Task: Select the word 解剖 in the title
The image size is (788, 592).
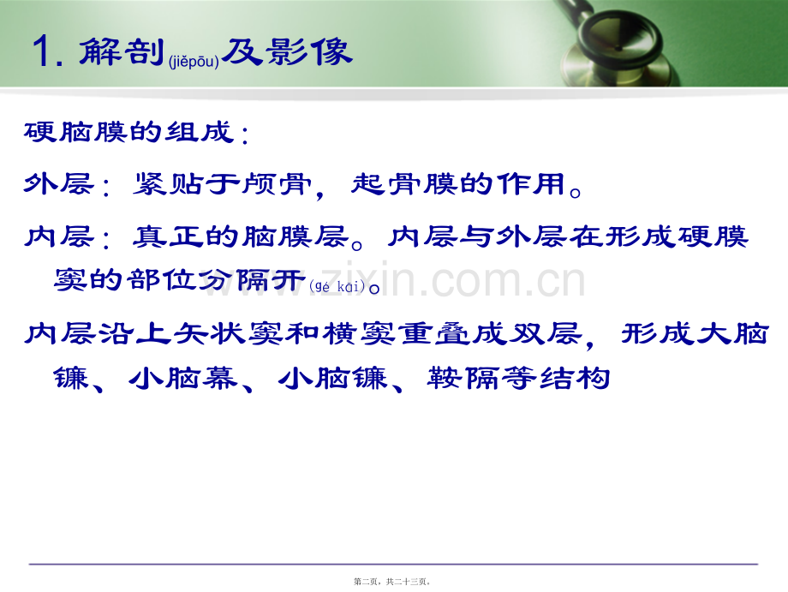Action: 122,51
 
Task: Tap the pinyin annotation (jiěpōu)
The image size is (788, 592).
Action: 194,62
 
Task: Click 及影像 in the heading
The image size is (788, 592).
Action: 287,51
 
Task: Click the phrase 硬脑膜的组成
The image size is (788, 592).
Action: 129,132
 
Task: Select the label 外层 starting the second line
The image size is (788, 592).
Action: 59,183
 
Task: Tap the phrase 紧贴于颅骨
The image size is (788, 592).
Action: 222,183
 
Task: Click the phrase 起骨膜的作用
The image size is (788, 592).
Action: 458,183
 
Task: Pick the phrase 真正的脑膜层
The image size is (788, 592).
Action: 241,236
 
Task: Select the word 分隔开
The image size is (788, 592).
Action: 253,279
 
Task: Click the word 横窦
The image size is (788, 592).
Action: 358,333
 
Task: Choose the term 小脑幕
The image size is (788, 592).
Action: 183,378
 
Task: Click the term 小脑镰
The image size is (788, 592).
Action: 332,378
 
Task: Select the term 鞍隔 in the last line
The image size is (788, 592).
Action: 463,378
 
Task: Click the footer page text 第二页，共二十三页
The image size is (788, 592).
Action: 391,582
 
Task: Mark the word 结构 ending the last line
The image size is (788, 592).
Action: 575,378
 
